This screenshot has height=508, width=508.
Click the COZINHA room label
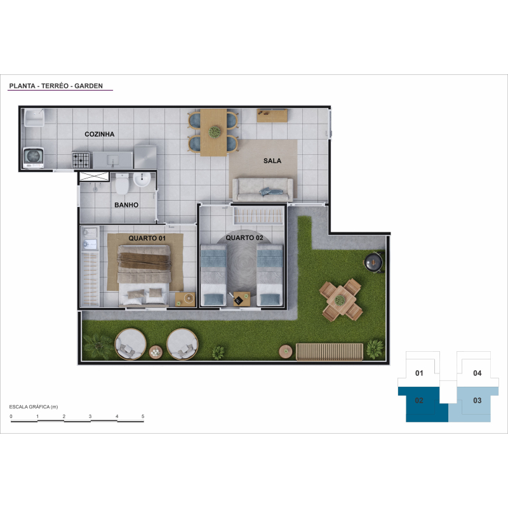100,134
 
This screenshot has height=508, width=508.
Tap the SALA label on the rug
272,161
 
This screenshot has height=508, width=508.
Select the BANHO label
126,204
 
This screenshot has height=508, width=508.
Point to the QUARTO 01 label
147,238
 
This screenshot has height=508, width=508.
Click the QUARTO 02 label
244,237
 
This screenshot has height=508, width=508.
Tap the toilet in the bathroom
122,184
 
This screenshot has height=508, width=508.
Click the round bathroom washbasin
142,180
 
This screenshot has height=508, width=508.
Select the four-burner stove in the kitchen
81,160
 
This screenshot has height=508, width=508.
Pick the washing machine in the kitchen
33,157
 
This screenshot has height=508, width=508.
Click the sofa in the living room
263,189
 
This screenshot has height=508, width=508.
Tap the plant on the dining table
215,132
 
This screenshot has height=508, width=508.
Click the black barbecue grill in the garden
373,262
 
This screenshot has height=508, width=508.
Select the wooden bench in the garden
329,352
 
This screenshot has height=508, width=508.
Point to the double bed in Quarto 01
144,275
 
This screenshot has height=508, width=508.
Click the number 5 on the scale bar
142,417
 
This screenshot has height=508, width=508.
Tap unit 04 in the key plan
478,373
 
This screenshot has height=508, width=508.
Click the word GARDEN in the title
88,86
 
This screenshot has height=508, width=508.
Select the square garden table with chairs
340,300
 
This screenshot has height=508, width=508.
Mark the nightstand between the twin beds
242,299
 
